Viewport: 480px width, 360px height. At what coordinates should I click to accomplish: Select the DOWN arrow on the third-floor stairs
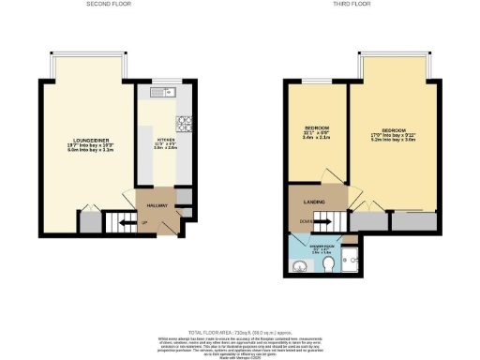click(x=306, y=222)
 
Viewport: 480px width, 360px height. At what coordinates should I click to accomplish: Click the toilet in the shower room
click(x=329, y=267)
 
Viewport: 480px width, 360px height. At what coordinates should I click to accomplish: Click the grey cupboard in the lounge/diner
click(x=90, y=223)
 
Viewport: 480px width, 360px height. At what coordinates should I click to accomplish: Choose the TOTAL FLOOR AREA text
click(x=239, y=332)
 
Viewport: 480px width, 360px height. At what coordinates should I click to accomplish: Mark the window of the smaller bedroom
click(x=316, y=83)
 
